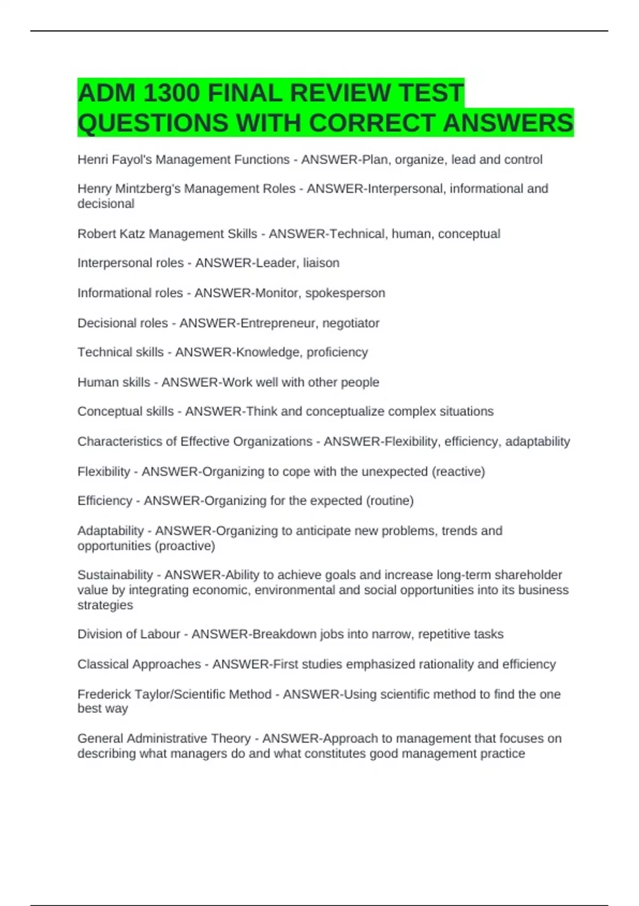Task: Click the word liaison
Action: click(x=321, y=263)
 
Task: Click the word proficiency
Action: click(x=337, y=352)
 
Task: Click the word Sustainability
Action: click(x=115, y=575)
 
